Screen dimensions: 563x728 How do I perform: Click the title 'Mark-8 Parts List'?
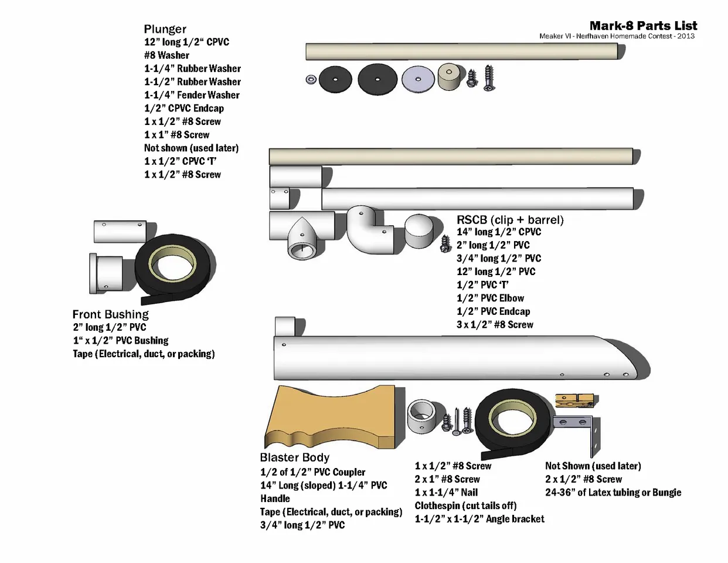[643, 26]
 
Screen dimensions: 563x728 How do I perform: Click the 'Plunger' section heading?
[165, 29]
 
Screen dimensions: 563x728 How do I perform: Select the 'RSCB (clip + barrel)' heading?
[510, 220]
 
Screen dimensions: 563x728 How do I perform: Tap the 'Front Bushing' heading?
[110, 314]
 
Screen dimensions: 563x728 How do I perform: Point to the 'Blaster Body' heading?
[294, 457]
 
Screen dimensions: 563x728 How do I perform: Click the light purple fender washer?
[418, 79]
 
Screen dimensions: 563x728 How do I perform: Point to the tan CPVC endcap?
[451, 77]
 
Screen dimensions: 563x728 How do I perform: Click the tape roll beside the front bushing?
[175, 267]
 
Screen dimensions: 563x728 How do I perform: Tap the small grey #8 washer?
[311, 79]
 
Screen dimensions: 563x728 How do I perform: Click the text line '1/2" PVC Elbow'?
[490, 298]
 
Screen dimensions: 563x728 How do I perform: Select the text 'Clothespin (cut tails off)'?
[465, 506]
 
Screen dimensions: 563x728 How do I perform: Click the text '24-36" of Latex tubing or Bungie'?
[613, 493]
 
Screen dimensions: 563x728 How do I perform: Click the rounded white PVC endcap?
[420, 232]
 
